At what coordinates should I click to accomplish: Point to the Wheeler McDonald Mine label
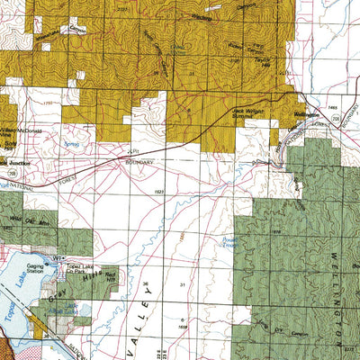coord(24,130)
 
